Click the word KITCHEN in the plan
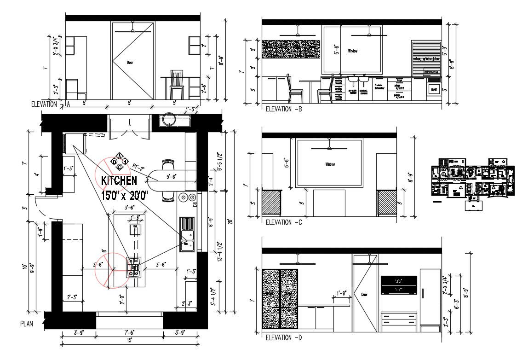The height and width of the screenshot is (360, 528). pos(119,180)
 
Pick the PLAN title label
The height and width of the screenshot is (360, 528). pos(27,324)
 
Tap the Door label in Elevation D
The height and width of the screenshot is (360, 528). pos(365,295)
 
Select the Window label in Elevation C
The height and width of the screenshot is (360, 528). pos(330,164)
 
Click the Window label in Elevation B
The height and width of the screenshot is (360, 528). pos(353,51)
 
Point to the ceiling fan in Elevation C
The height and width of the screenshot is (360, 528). pos(328,147)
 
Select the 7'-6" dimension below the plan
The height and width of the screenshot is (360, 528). pos(130,333)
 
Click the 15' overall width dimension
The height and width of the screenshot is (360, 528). pos(130,341)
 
